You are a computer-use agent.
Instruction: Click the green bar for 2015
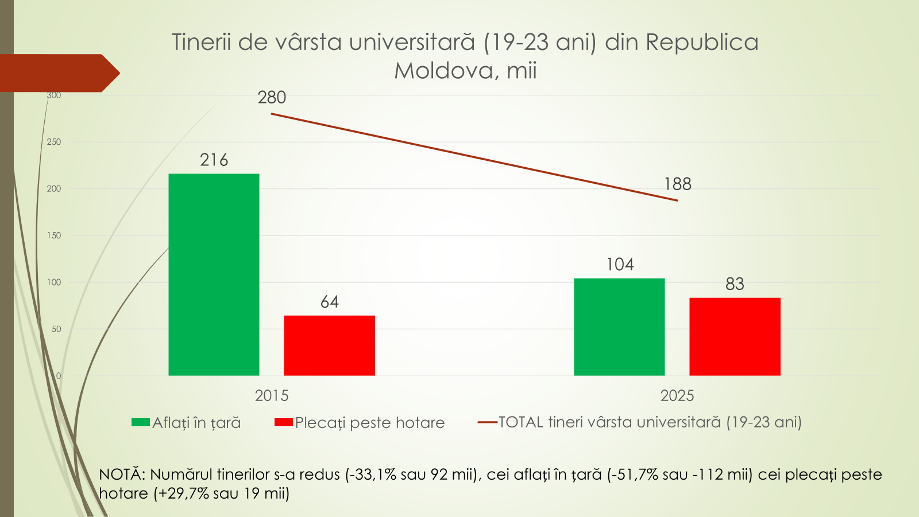pyautogui.click(x=214, y=275)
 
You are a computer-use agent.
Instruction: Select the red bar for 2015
pyautogui.click(x=329, y=345)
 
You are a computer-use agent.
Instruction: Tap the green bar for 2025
pyautogui.click(x=619, y=327)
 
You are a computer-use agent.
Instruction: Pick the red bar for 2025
pyautogui.click(x=735, y=337)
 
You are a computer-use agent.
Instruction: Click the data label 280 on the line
pyautogui.click(x=272, y=98)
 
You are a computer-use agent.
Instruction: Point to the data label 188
pyautogui.click(x=678, y=184)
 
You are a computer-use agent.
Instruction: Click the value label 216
pyautogui.click(x=214, y=160)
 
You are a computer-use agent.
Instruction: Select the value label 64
pyautogui.click(x=329, y=302)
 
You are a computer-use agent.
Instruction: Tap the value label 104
pyautogui.click(x=620, y=265)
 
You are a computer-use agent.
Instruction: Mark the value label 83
pyautogui.click(x=735, y=284)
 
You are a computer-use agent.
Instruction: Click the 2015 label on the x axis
pyautogui.click(x=272, y=396)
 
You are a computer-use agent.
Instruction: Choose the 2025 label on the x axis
pyautogui.click(x=677, y=396)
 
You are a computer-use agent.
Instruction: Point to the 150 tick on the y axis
pyautogui.click(x=54, y=236)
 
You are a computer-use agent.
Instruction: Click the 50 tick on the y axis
pyautogui.click(x=56, y=329)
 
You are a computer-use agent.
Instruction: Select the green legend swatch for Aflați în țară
pyautogui.click(x=140, y=423)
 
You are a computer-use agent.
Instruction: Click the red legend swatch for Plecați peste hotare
pyautogui.click(x=284, y=423)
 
